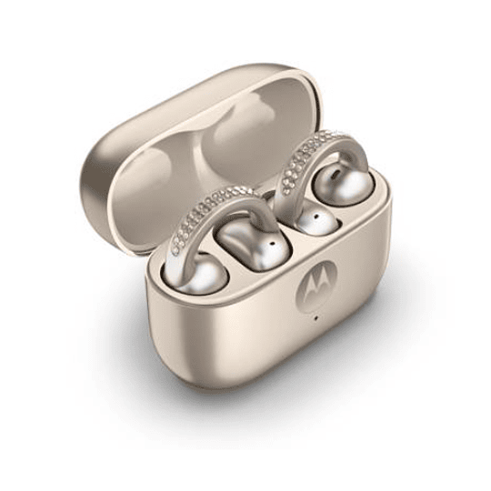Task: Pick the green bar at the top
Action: [x=245, y=17]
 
